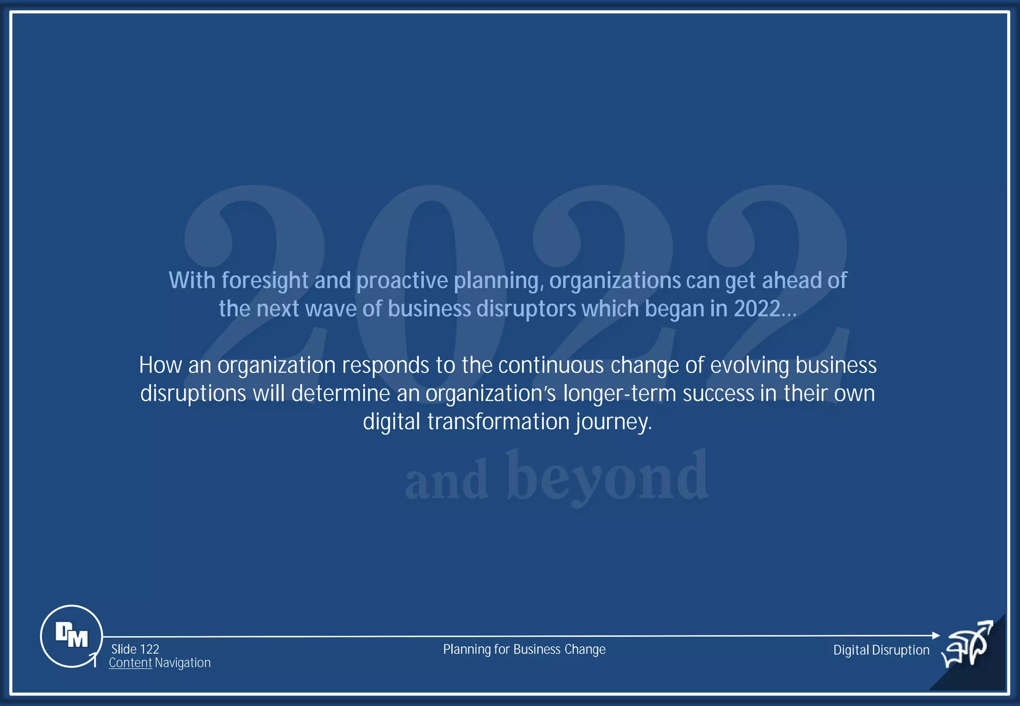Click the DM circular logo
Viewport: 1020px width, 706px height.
click(x=71, y=636)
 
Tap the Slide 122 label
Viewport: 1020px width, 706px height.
click(x=135, y=649)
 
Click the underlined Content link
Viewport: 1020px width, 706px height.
click(x=130, y=663)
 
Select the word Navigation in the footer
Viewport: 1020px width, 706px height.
click(x=182, y=663)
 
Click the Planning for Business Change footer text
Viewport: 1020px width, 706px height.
click(x=524, y=649)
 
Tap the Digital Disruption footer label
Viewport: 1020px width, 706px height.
click(x=881, y=650)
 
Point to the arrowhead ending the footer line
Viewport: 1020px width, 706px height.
click(x=935, y=635)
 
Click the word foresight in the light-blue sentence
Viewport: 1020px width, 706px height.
click(x=265, y=281)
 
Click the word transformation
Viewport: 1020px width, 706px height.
click(x=498, y=422)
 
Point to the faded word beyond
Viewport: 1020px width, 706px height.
click(x=608, y=477)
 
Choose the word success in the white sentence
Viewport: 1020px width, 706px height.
click(x=718, y=393)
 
